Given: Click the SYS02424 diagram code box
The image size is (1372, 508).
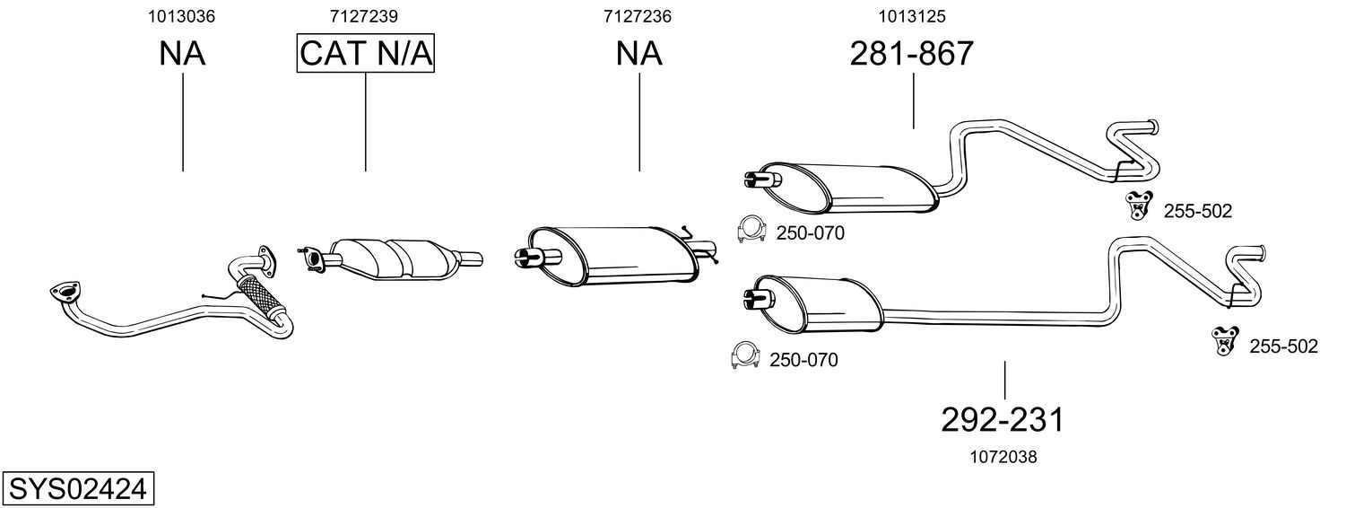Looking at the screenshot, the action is coord(79,489).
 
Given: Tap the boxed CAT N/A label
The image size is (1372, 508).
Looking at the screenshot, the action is coord(366,54).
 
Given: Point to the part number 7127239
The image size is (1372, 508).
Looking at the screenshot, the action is coord(364,16).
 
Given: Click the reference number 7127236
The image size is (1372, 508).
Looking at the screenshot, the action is coord(638,16).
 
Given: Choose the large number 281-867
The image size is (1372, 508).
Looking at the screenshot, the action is coord(911,54).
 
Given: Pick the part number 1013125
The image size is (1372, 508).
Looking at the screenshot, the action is coord(912,16).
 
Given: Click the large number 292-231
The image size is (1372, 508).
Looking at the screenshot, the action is coord(1003,419).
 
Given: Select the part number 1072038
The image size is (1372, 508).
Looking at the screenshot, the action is coord(1003,457).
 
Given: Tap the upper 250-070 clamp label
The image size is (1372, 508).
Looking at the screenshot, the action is coord(810,233).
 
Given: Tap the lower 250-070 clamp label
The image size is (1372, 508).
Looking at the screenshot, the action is coord(803,360).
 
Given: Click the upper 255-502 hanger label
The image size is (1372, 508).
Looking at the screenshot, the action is coord(1197,212).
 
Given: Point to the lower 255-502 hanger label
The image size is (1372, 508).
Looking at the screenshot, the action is coord(1283,346).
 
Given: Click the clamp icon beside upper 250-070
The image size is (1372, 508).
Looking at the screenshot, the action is coord(751,229).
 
